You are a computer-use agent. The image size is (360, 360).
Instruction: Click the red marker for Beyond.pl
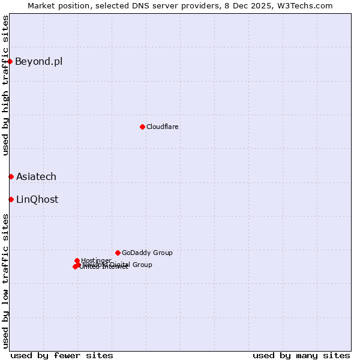click(x=10, y=61)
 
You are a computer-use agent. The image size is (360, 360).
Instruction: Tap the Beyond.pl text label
click(x=38, y=61)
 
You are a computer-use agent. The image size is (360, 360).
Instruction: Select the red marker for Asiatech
click(x=11, y=176)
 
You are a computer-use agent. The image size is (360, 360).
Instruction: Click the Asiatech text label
click(x=36, y=176)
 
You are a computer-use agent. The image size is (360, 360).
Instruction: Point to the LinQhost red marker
click(x=11, y=199)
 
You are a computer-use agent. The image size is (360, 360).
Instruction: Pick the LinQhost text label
click(x=37, y=199)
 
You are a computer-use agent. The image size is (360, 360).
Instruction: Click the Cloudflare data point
click(x=142, y=127)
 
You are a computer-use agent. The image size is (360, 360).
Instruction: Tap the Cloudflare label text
click(x=162, y=127)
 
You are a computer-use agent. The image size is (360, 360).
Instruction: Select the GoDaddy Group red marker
click(x=118, y=253)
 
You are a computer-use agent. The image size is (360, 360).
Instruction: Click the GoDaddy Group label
click(x=147, y=253)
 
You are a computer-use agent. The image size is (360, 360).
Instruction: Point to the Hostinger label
click(x=96, y=260)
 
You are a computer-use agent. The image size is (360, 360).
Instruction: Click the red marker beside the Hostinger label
click(x=77, y=260)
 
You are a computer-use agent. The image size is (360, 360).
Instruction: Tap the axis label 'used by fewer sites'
click(x=62, y=355)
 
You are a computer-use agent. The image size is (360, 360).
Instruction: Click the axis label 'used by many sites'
click(x=301, y=355)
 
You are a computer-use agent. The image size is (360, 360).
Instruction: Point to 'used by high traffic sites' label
click(x=5, y=85)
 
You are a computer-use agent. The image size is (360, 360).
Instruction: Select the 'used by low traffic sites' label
click(x=5, y=281)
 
